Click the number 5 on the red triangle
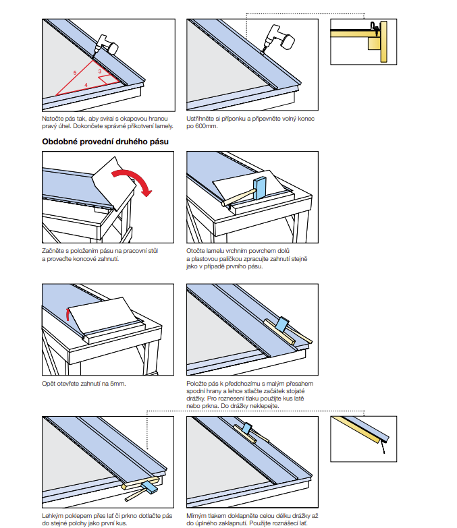point(75,71)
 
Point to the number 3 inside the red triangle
point(99,71)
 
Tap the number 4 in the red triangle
point(86,84)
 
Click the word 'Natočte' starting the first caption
point(52,119)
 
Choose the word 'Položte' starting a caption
point(197,384)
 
